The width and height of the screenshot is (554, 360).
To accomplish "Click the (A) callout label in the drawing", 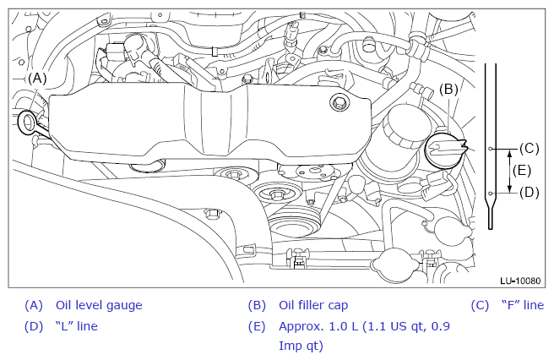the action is coord(37,79).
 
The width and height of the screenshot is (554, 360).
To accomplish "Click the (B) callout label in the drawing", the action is coord(448,90).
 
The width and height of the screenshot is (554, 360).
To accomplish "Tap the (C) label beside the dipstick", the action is coord(529,149).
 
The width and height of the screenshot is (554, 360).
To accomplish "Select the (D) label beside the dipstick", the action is coord(529,193).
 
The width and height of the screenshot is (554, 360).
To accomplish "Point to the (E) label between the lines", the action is coord(522,171).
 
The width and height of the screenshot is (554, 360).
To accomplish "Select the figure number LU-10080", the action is coord(520,281).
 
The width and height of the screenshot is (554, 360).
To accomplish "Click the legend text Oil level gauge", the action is coord(99,305).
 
